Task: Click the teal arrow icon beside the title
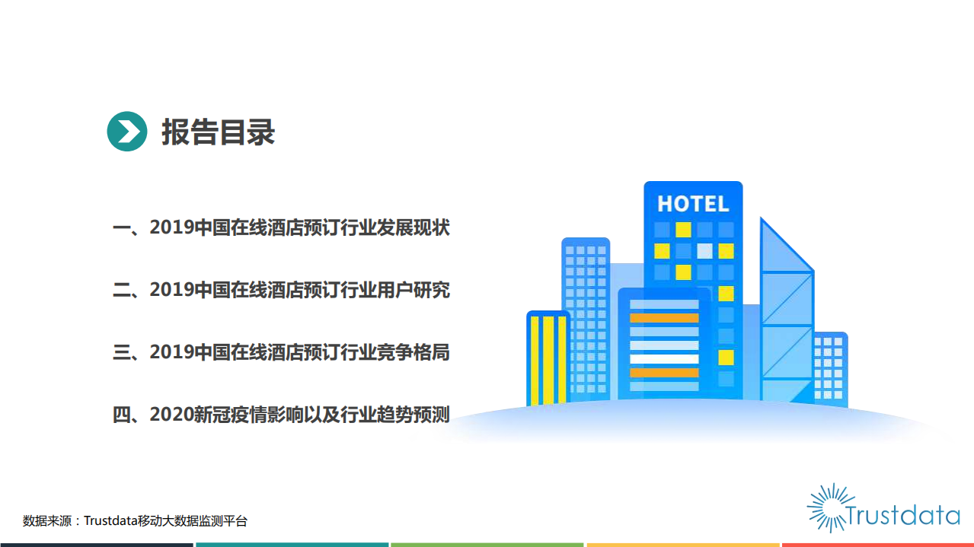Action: pos(126,132)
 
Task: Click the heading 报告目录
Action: pos(218,132)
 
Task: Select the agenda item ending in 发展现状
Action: pos(281,227)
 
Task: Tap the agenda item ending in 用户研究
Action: pos(281,290)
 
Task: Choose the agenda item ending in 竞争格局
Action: pos(281,352)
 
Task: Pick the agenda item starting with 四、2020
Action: pos(281,415)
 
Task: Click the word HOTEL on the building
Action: pos(693,204)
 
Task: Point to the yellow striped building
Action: pos(548,358)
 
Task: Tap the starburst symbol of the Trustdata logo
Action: pos(827,506)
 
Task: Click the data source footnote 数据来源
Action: pos(135,521)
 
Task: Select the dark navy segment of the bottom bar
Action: pos(96,544)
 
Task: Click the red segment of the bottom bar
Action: pos(878,544)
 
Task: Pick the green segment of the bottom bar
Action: pos(487,544)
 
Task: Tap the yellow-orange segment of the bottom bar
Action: pos(683,544)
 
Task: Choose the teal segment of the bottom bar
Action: pos(292,544)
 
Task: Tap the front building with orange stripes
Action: pos(663,346)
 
